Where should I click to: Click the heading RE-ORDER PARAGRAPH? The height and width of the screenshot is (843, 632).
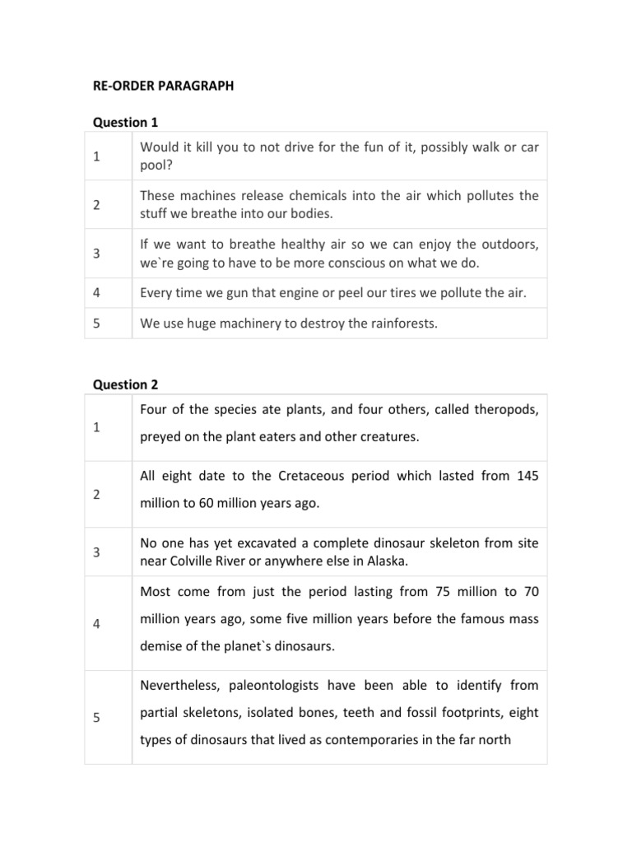pos(162,85)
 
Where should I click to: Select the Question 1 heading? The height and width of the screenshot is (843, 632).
pos(124,122)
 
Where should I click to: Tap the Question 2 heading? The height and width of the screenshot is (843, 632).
pos(125,384)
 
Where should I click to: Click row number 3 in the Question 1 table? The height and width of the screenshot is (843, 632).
pos(96,254)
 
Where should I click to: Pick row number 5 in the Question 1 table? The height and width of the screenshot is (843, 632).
pos(96,324)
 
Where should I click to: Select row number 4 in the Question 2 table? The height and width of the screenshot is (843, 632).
pos(96,623)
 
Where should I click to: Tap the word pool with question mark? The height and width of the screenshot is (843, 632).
pos(155,164)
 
